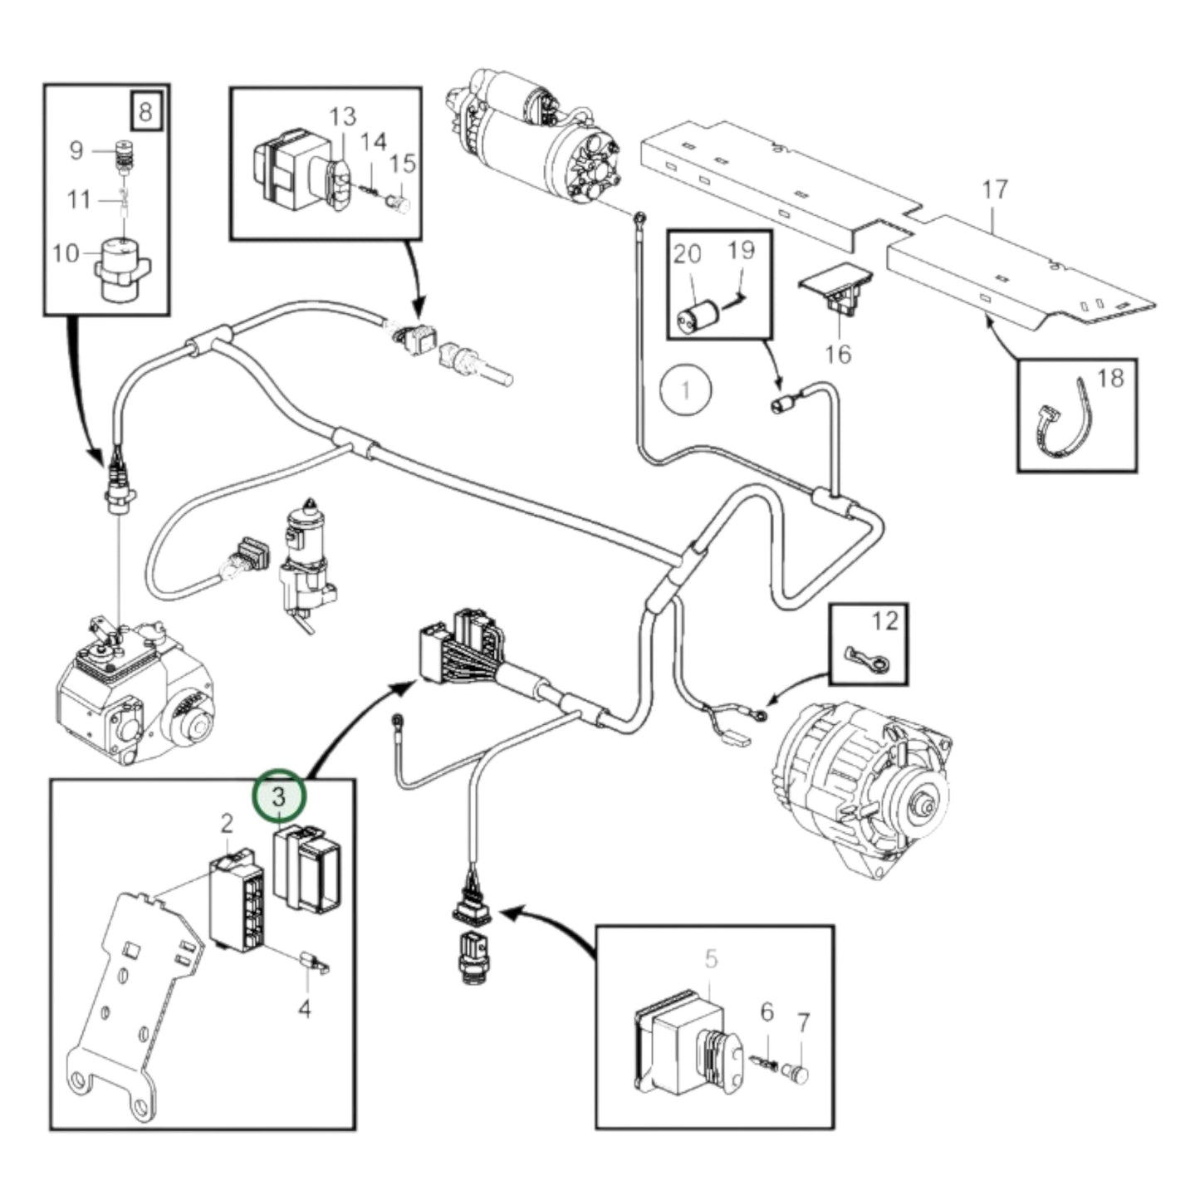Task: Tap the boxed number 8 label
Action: pos(145,110)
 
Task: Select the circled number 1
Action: pos(686,389)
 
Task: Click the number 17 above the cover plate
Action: pos(994,190)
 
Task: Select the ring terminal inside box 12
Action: pos(864,659)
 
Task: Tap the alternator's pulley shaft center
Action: pos(922,805)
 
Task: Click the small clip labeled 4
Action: pos(315,964)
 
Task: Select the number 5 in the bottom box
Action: pos(711,960)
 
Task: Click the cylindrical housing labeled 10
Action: pos(122,266)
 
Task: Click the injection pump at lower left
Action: pos(133,698)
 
